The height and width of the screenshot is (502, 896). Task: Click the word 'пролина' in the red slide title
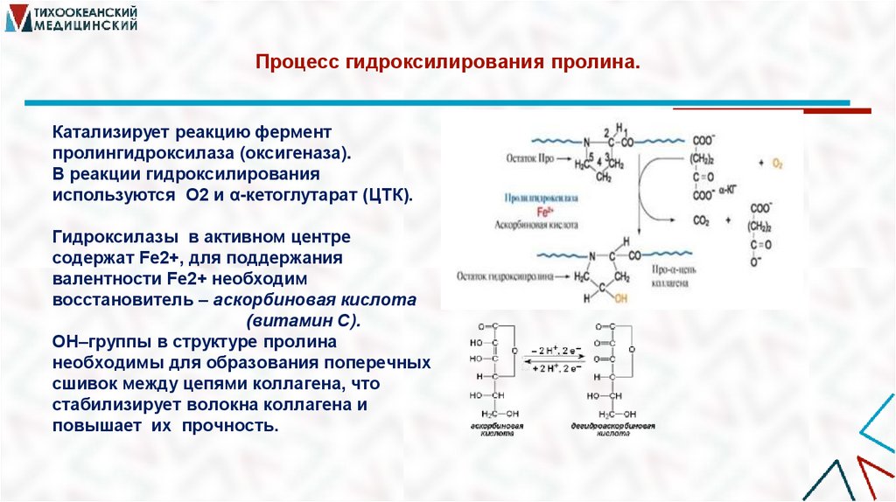tap(595, 64)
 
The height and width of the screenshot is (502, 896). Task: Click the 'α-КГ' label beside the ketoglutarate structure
tap(729, 189)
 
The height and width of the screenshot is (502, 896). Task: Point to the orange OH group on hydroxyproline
tap(620, 297)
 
